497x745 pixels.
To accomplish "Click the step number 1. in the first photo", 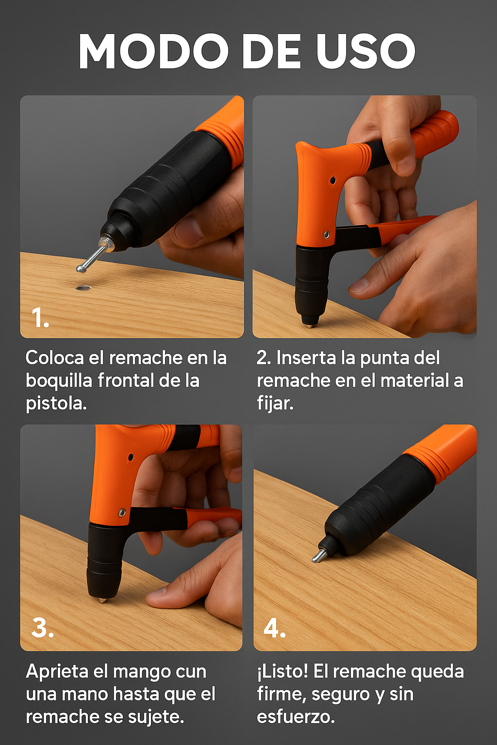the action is (40, 318).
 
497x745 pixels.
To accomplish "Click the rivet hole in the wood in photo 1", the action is (83, 288).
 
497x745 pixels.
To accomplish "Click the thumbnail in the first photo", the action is (188, 230).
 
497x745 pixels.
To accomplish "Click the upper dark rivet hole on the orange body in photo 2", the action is (332, 180).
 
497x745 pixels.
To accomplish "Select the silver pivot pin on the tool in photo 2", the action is (326, 235).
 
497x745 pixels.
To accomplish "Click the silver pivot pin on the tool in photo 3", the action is (122, 513).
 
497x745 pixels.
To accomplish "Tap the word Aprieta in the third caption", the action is (57, 672).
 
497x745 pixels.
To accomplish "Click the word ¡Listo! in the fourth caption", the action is (282, 671).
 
